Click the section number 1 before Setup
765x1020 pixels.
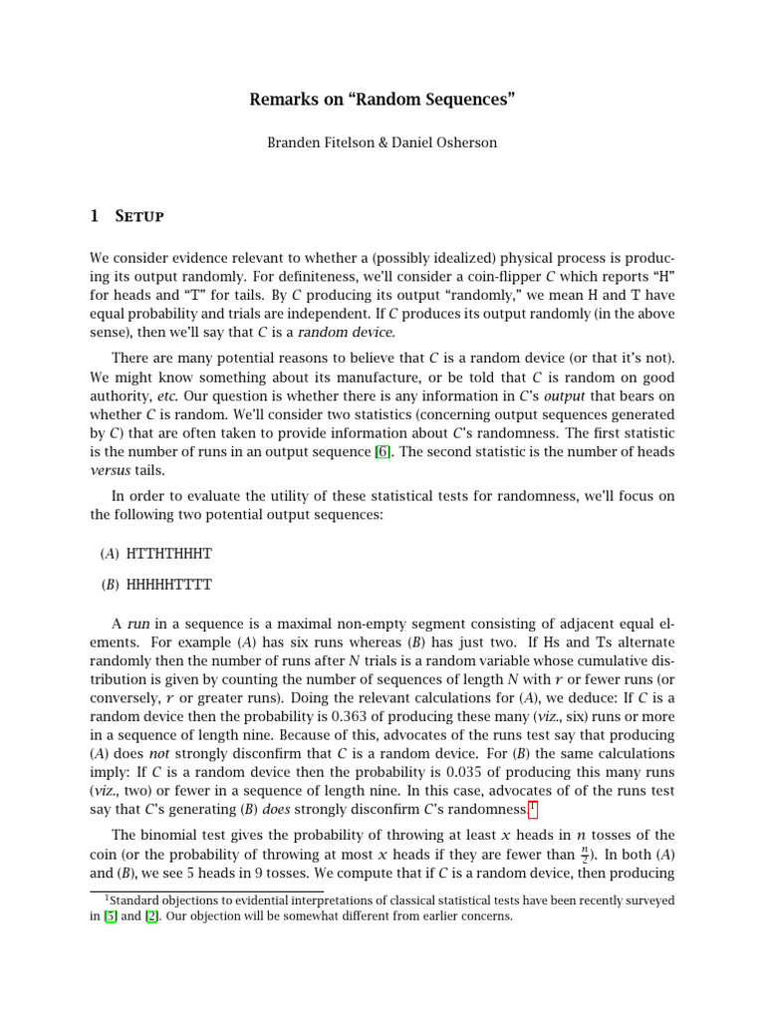click(x=95, y=216)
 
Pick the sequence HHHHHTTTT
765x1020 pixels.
click(x=169, y=585)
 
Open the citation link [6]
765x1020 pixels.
click(x=382, y=452)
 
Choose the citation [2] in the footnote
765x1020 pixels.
click(x=165, y=916)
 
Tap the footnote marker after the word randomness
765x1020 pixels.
click(x=534, y=806)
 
